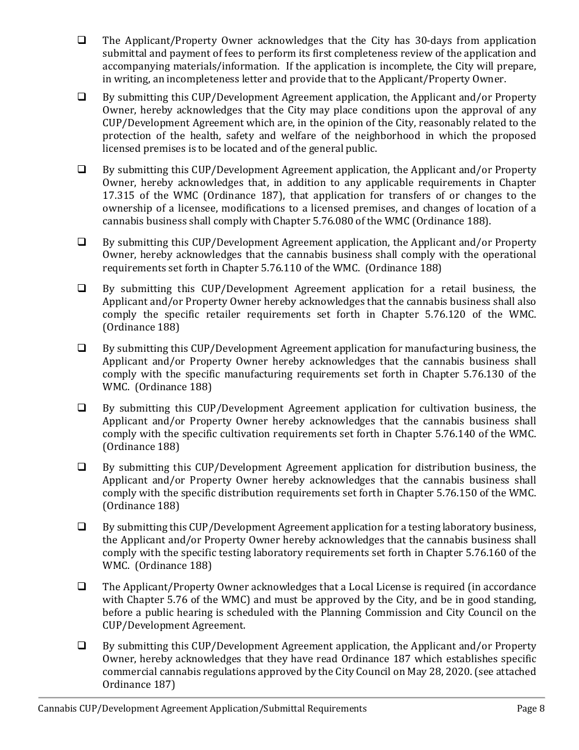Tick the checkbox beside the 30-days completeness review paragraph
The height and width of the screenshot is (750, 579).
tap(81, 41)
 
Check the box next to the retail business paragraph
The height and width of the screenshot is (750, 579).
tap(81, 288)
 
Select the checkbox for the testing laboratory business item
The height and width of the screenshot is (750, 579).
tap(81, 527)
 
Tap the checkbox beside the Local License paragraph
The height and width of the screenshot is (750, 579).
tap(81, 587)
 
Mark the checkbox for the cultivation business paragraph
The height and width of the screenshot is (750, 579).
tap(81, 408)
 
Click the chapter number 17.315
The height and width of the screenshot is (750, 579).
tap(122, 195)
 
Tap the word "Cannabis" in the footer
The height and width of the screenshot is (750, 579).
tap(57, 709)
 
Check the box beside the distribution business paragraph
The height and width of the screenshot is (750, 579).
tap(81, 467)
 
